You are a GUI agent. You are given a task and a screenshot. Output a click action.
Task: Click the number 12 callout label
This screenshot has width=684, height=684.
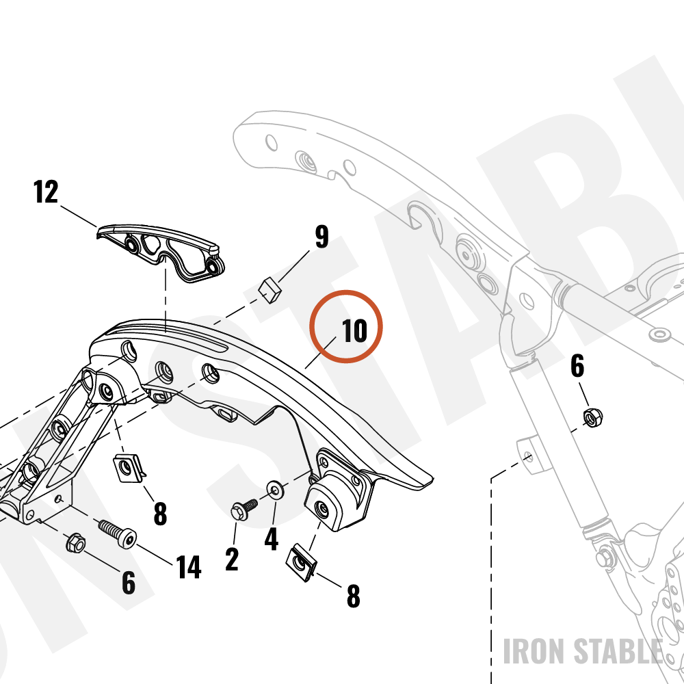[46, 192]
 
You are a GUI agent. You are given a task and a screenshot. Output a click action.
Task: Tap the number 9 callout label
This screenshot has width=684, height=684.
[321, 237]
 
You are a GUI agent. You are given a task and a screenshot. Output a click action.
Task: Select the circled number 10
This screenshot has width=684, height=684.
[354, 330]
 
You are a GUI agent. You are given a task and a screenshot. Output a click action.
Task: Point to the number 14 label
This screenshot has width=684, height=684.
[189, 567]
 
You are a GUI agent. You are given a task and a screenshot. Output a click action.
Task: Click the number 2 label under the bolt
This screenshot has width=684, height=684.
[232, 560]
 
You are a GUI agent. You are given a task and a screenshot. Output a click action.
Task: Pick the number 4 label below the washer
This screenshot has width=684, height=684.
[272, 539]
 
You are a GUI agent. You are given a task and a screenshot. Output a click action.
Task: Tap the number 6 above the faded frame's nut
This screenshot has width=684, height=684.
[577, 367]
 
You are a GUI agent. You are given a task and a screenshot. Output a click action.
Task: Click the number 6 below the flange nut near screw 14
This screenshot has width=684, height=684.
[129, 583]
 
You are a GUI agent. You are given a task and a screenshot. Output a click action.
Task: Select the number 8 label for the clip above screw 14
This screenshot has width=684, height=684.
[160, 514]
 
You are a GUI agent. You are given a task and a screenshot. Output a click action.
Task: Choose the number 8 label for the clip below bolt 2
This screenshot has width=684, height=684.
[354, 596]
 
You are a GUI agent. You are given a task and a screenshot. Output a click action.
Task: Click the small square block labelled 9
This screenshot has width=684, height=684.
[270, 289]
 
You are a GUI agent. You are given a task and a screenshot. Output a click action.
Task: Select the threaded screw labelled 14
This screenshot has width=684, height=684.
[118, 534]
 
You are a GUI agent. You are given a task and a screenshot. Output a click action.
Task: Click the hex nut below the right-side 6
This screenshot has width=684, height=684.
[593, 417]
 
